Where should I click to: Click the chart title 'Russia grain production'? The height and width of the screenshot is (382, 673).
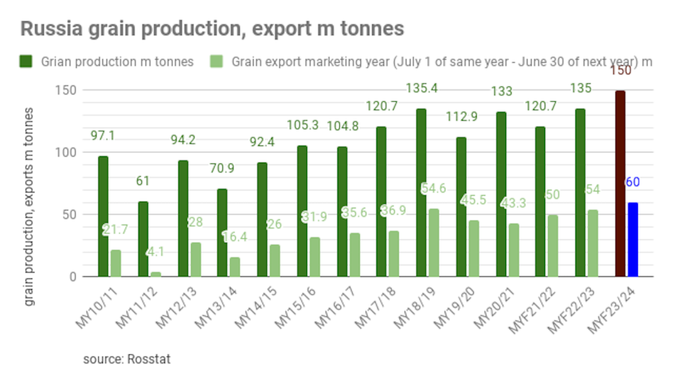pos(212,29)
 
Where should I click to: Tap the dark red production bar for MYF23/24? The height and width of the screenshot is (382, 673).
pos(620,184)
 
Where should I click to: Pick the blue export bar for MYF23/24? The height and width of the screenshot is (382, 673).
pos(633,239)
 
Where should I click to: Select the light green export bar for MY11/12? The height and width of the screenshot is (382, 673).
pos(156,274)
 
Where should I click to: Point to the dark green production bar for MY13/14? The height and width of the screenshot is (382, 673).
pos(222,232)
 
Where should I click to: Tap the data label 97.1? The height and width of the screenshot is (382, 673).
pos(103,136)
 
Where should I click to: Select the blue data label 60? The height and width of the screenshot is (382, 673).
pos(633,182)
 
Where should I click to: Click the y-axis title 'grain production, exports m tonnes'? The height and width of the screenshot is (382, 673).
pos(29,206)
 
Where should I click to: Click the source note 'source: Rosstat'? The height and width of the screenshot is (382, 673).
pos(127,359)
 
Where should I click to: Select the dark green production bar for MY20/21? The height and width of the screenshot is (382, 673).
pos(500,194)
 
